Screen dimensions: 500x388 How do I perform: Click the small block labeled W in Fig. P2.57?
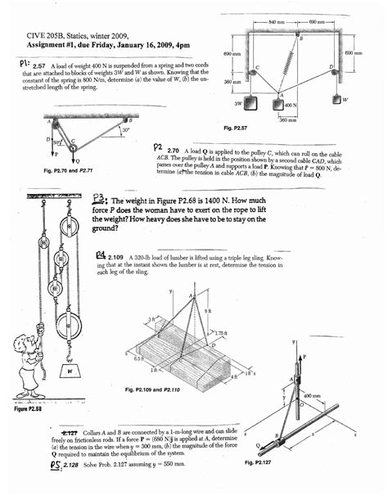click(337, 100)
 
